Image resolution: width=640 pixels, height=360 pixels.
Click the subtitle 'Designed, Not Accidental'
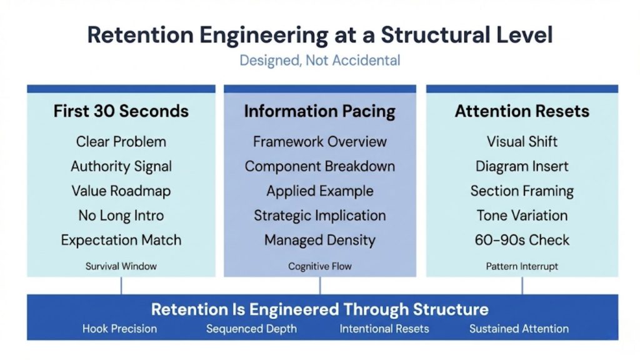point(319,61)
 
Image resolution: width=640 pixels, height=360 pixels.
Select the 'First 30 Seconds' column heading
point(121,111)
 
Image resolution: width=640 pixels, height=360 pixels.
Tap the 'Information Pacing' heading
point(319,111)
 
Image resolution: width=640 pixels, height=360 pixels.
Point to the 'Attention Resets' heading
point(522,111)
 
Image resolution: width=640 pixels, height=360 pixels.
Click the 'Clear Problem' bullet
point(121,142)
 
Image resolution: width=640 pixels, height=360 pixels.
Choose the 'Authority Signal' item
point(121,166)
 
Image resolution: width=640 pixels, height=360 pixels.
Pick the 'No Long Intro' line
point(121,216)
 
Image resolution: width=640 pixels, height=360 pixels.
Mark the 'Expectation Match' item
point(121,240)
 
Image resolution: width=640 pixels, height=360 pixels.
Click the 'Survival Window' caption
point(121,266)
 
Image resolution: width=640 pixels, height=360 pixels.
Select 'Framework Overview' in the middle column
point(319,142)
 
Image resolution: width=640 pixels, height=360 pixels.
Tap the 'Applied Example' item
point(319,191)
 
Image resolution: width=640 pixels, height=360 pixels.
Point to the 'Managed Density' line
point(319,240)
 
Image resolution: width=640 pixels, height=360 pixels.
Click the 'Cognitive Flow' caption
point(319,266)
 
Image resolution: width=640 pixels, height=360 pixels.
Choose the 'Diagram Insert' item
point(522,166)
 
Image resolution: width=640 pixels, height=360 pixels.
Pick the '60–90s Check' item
point(522,240)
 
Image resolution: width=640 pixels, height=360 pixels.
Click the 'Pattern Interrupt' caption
point(522,266)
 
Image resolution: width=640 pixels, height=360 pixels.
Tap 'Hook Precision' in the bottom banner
point(119,329)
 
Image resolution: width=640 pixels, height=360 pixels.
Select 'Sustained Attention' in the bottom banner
point(519,329)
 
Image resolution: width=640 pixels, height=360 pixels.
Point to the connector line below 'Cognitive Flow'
point(320,286)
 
